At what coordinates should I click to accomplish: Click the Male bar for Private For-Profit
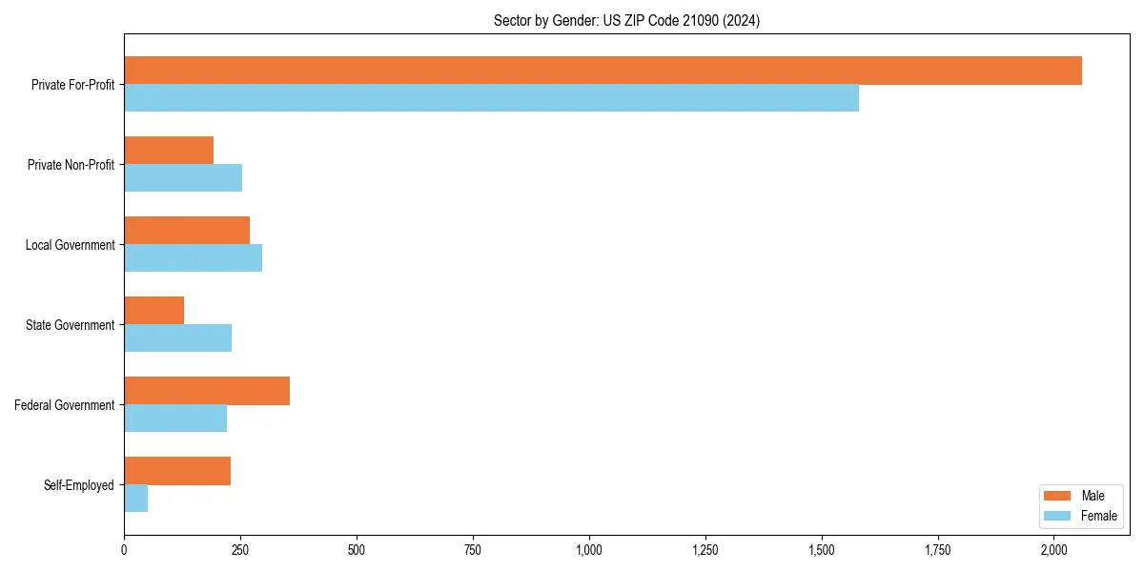point(603,71)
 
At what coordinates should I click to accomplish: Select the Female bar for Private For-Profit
point(491,98)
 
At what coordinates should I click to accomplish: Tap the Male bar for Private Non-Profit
point(169,151)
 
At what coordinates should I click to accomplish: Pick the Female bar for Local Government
point(193,258)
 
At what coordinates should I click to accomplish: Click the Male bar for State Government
point(153,311)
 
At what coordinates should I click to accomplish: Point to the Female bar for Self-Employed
point(135,499)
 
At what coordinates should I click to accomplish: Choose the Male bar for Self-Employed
point(177,471)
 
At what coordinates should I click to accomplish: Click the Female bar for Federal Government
point(175,419)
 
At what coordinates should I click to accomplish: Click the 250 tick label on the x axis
point(240,550)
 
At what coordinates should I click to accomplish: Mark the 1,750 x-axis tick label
point(937,550)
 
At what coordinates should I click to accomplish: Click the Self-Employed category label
point(78,485)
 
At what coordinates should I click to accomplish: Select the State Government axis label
point(70,325)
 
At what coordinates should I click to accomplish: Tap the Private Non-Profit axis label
point(71,165)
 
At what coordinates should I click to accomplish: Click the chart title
point(626,20)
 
